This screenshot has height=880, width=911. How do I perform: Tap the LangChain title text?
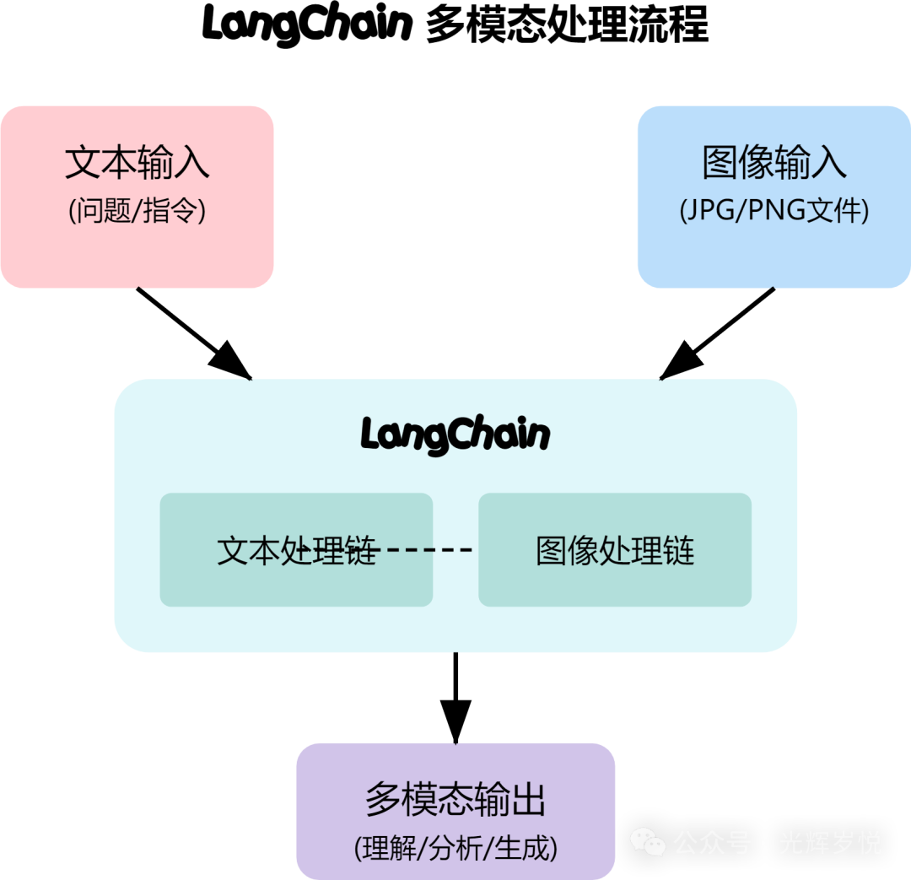tap(455, 435)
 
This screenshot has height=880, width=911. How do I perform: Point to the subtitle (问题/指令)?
tap(137, 210)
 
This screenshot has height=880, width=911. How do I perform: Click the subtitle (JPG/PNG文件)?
tap(774, 210)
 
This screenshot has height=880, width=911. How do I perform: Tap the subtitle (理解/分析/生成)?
tap(455, 848)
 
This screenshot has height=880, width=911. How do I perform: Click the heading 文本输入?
tap(137, 163)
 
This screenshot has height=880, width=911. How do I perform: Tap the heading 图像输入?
tap(774, 163)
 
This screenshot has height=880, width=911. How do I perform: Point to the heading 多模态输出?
tap(455, 799)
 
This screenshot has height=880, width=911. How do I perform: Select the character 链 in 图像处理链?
tap(679, 550)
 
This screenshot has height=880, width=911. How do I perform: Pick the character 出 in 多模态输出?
tap(529, 799)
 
